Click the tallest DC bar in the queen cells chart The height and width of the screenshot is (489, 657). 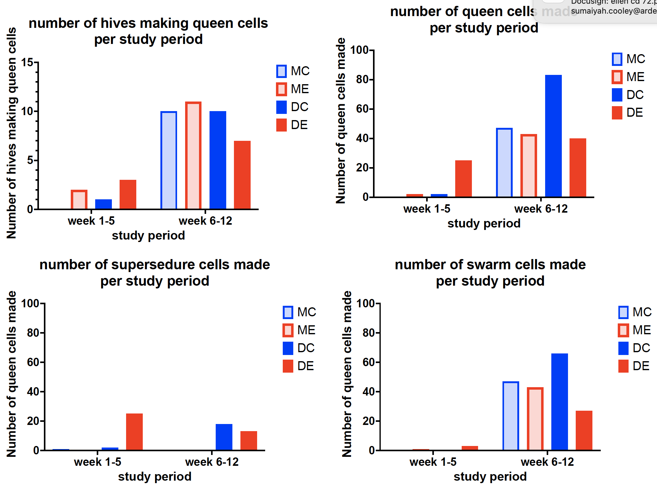pos(553,136)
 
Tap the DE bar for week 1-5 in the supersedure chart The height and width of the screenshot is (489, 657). pos(134,432)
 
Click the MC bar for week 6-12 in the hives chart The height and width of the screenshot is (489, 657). pos(169,160)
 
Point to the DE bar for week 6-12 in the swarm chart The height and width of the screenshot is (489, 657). pos(584,430)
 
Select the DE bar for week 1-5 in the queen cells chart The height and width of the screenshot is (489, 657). pos(463,179)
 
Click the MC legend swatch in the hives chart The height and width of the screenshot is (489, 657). pos(281,71)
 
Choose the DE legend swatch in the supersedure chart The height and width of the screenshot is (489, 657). pos(288,366)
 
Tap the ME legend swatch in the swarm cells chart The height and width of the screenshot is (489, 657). pos(623,330)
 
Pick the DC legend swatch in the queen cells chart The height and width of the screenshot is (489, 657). pos(617,95)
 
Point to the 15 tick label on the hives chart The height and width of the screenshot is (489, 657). pos(27,63)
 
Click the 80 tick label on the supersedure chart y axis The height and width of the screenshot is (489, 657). pos(33,333)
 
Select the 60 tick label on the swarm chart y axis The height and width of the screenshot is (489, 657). pos(369,362)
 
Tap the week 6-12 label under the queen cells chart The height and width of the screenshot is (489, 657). pos(541,209)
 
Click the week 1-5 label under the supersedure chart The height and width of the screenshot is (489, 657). pos(98,462)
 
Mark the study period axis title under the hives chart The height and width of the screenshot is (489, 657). pos(148,236)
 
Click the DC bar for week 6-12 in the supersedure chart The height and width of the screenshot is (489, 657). pos(224,437)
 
